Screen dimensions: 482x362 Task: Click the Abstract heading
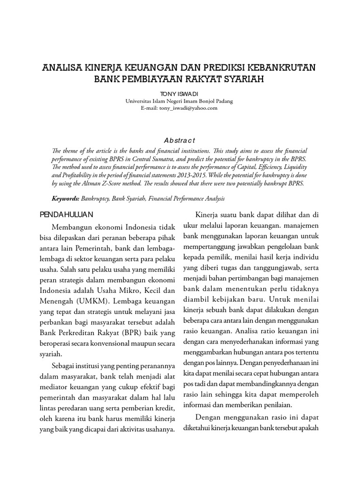(x=179, y=140)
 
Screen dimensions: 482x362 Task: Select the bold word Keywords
(x=66, y=199)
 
